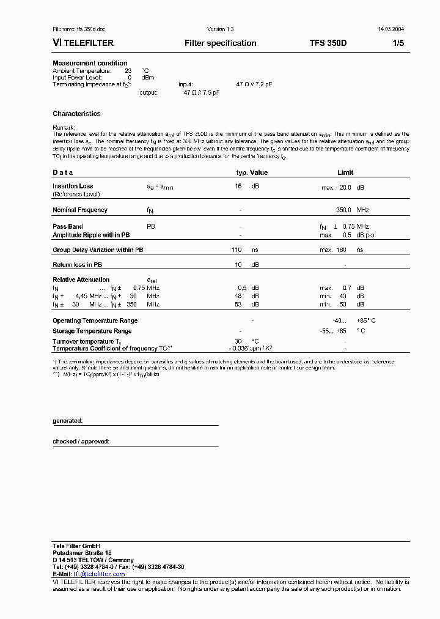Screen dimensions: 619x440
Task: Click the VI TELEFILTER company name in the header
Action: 83,43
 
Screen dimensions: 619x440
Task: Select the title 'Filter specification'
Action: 220,43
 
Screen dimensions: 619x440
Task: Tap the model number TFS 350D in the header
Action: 328,43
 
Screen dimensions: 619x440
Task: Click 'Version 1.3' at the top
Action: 220,29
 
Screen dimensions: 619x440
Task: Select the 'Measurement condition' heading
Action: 90,63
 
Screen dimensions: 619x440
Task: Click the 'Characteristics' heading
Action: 76,114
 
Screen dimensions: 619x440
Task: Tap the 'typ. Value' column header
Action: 252,172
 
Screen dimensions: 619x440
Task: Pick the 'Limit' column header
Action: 345,172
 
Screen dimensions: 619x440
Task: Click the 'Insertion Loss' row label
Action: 73,186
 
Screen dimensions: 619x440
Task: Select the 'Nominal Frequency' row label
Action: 80,210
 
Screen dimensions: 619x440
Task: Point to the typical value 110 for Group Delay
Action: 237,250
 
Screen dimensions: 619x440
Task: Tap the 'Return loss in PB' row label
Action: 77,265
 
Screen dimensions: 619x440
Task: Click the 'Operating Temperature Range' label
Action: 95,321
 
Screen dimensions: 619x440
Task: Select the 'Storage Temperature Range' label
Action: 92,331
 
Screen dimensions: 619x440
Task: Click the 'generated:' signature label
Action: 67,421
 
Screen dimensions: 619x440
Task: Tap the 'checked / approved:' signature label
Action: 81,441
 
